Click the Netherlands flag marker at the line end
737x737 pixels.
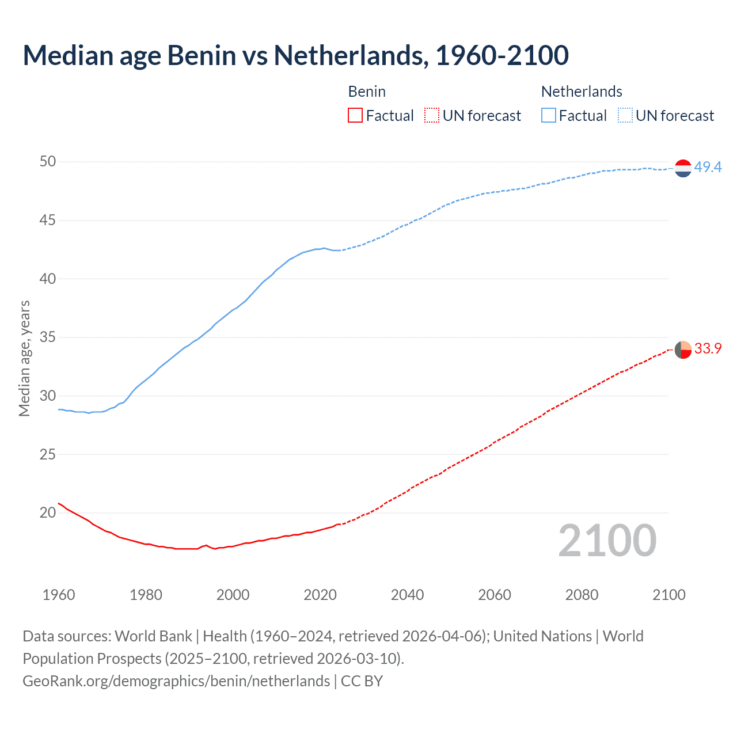point(683,168)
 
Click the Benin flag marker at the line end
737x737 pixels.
point(683,349)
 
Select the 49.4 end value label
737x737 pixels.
point(708,168)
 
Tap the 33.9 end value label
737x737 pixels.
point(708,349)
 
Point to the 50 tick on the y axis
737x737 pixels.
point(48,162)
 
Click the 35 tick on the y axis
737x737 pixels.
point(48,337)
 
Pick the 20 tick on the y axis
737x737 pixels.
point(48,512)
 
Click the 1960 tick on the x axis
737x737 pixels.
point(59,595)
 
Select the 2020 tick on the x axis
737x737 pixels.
point(320,595)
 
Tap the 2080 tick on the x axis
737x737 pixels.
point(582,595)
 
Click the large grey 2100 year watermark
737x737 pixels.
point(607,541)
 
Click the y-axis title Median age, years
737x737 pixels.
point(24,358)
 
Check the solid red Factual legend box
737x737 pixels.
point(355,116)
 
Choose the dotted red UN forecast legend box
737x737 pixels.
point(432,116)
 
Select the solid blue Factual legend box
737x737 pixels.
point(549,116)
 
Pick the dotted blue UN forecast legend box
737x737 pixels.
point(625,116)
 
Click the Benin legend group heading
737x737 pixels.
point(367,92)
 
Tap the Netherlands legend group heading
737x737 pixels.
point(582,92)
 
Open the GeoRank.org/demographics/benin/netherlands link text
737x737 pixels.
point(176,681)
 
